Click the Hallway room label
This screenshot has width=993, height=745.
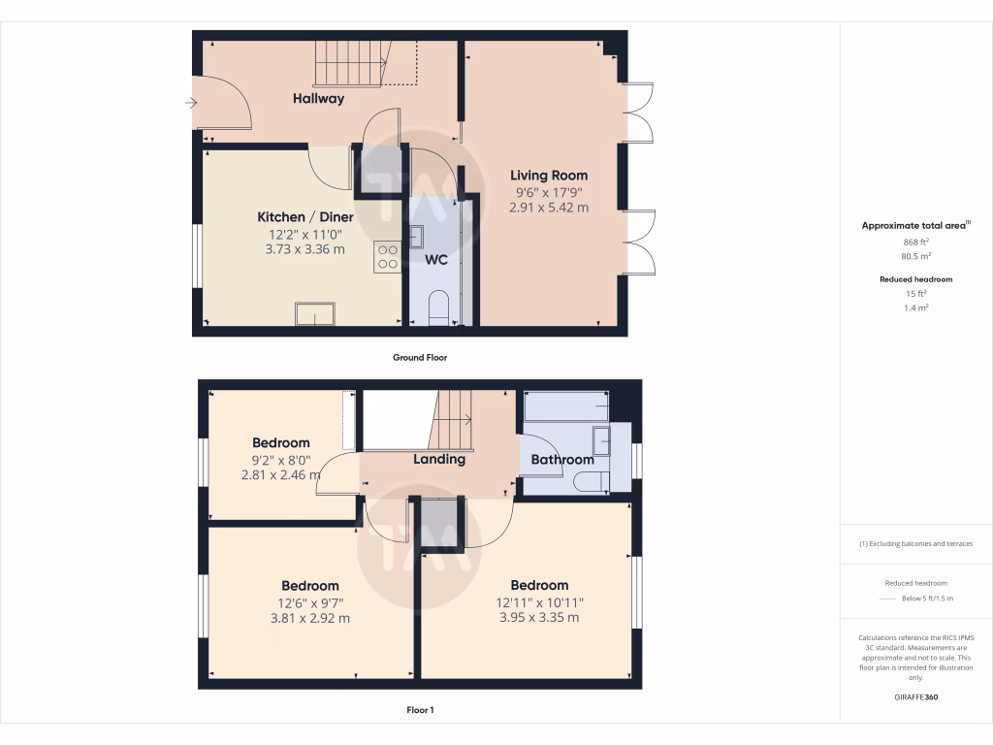coord(319,98)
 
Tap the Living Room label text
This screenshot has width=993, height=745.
coord(549,176)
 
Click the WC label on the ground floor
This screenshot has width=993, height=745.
coord(436,260)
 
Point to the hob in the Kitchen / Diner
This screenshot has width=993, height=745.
coord(388,256)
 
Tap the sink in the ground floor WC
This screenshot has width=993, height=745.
coord(416,236)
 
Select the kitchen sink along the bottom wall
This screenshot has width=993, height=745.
coord(315,314)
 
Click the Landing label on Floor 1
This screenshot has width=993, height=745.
coord(439,459)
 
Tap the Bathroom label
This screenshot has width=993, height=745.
coord(561,460)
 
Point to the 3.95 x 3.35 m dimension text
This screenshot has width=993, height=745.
coord(539,618)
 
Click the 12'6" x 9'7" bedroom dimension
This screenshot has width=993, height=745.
coord(310,602)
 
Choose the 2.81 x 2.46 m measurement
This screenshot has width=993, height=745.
coord(281,475)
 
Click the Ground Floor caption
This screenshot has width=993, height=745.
coord(420,357)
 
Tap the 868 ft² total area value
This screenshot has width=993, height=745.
coord(916,243)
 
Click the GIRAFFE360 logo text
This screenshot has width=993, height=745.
coord(916,696)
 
